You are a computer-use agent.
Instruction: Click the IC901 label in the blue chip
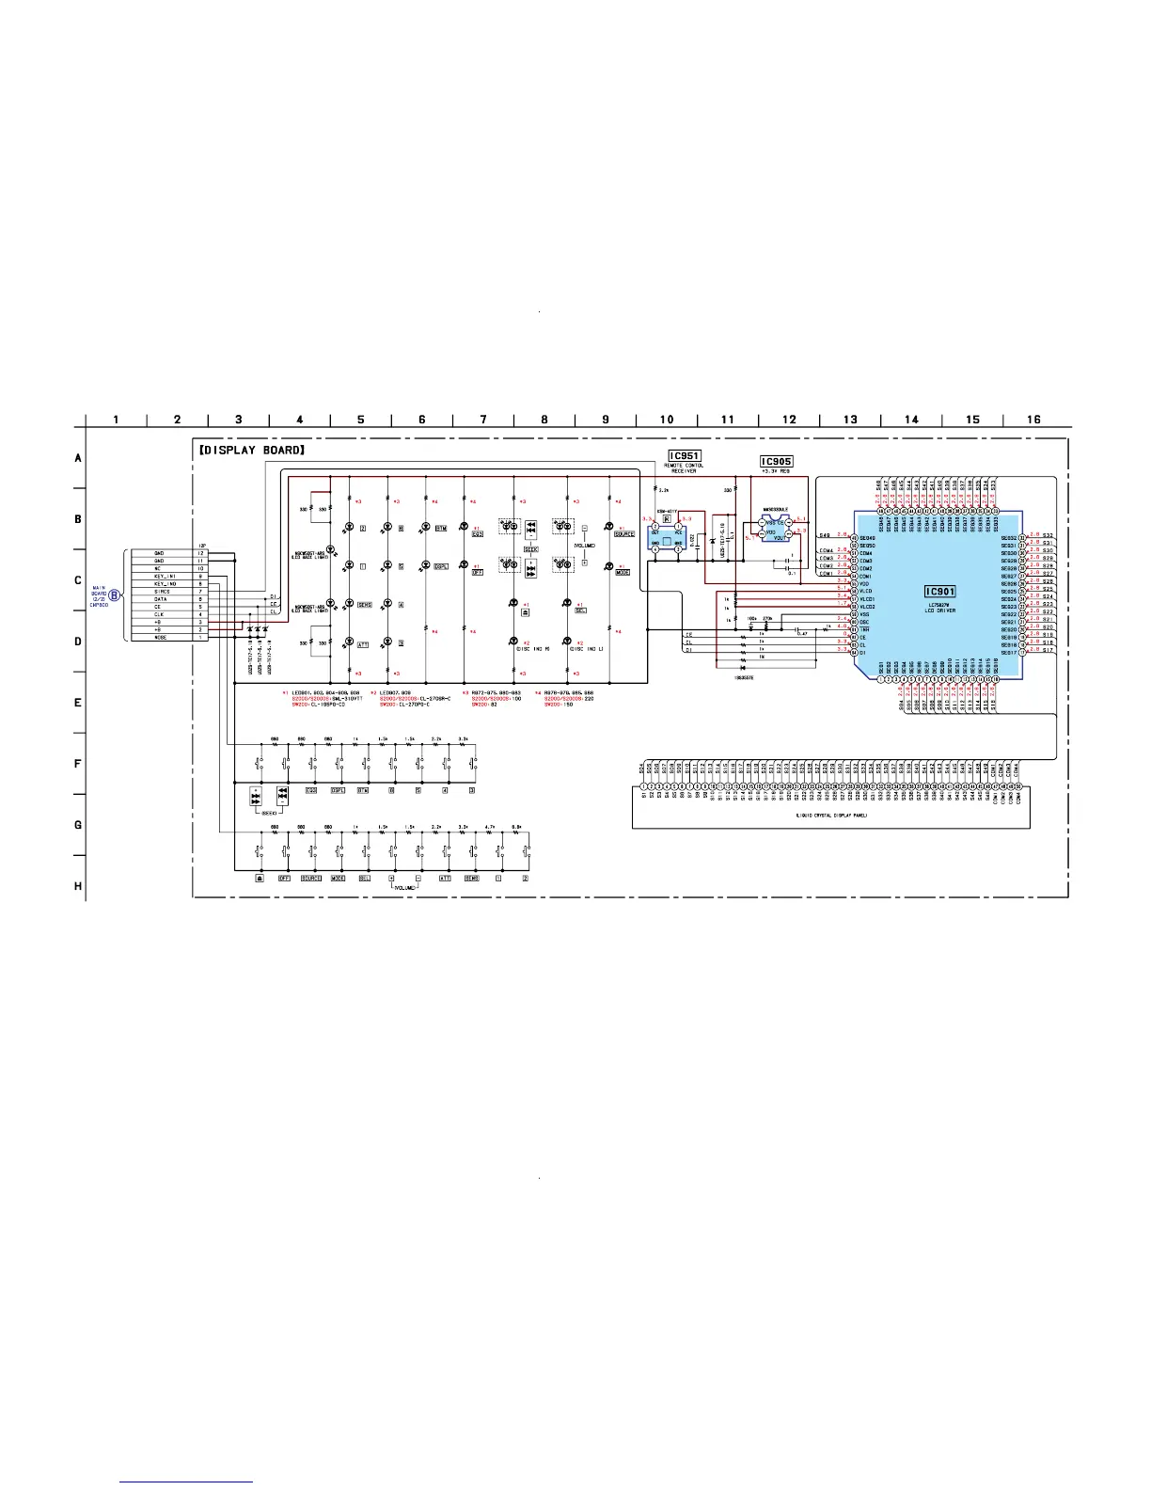tap(940, 592)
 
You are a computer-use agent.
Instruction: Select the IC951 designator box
tap(684, 456)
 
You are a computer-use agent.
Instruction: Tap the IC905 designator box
tap(777, 462)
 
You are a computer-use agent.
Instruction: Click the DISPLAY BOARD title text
tap(253, 451)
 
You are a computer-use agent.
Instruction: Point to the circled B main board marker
tap(115, 594)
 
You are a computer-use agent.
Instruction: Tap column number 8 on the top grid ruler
tap(544, 420)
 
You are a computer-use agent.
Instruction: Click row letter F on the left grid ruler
tap(79, 764)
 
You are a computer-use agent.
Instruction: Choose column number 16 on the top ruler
tap(1033, 420)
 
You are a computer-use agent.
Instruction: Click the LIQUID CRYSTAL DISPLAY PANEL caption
tap(831, 816)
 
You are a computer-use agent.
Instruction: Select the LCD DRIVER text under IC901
tap(940, 610)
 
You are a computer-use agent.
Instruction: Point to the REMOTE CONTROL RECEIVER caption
tap(684, 468)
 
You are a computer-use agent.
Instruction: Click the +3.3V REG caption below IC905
tap(777, 472)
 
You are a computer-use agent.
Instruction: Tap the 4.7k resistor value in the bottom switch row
tap(489, 827)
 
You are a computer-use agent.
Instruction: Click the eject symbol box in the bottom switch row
tap(259, 879)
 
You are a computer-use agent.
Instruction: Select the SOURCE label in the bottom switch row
tap(311, 879)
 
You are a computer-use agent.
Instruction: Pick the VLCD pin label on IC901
tap(866, 592)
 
